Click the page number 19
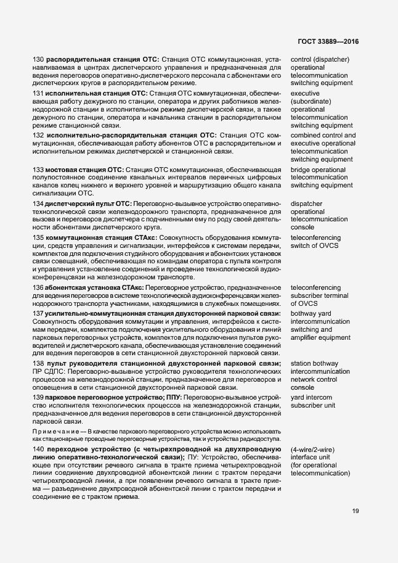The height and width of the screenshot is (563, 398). click(x=355, y=511)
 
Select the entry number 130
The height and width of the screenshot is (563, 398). click(x=38, y=59)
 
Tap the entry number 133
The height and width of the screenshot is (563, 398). click(x=38, y=170)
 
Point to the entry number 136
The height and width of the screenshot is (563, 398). click(x=38, y=287)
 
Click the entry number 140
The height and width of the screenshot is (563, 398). click(x=38, y=448)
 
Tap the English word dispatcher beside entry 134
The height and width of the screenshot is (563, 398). click(x=308, y=203)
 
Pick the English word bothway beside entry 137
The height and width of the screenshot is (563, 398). click(x=306, y=313)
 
